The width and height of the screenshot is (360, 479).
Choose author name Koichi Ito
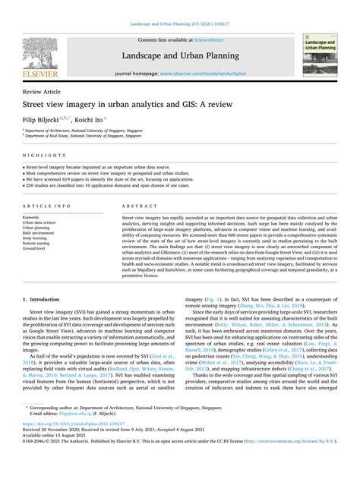point(96,119)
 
